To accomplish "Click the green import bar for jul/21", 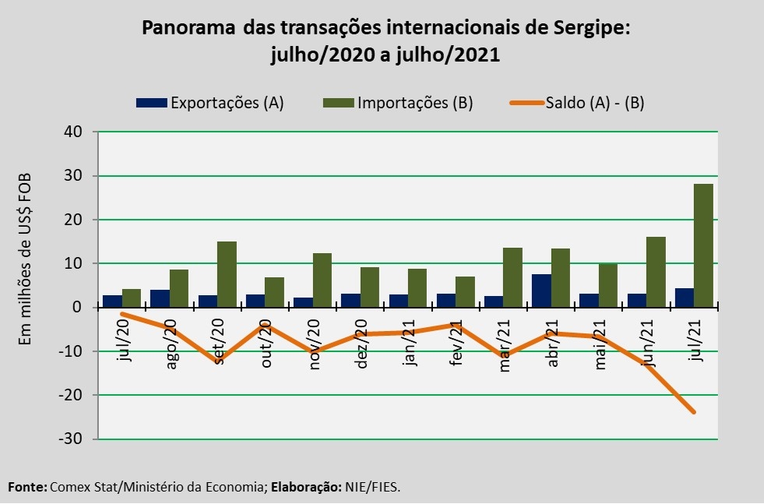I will coord(703,245).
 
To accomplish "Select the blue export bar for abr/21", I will coord(541,291).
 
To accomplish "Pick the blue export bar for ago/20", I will coord(160,298).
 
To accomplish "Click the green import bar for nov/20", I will coord(322,280).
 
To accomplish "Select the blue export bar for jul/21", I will coord(684,298).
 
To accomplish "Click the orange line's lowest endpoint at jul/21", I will coord(693,412).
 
